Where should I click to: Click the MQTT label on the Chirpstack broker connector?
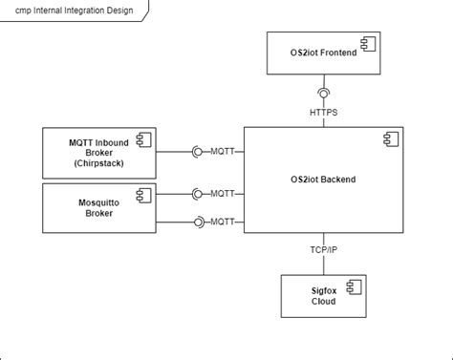point(223,151)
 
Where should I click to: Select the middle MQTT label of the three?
point(223,193)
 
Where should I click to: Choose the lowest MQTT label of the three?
point(223,222)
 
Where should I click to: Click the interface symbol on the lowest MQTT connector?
point(199,222)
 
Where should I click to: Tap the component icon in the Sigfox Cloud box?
point(351,287)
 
